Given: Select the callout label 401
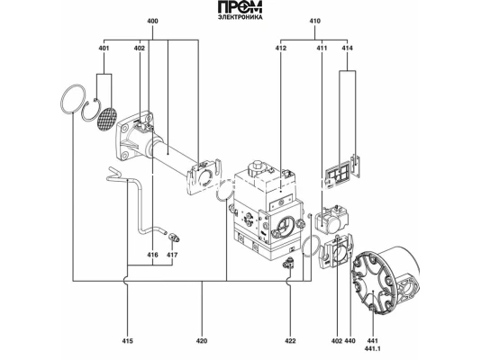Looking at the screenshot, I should pyautogui.click(x=104, y=48).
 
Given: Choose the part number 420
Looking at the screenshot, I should pyautogui.click(x=202, y=341).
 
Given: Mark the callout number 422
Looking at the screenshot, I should pyautogui.click(x=290, y=341).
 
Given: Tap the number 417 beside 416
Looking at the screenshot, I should pyautogui.click(x=173, y=256).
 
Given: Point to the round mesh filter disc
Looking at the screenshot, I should pyautogui.click(x=107, y=119).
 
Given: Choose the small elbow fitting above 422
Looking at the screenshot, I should pyautogui.click(x=289, y=262).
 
